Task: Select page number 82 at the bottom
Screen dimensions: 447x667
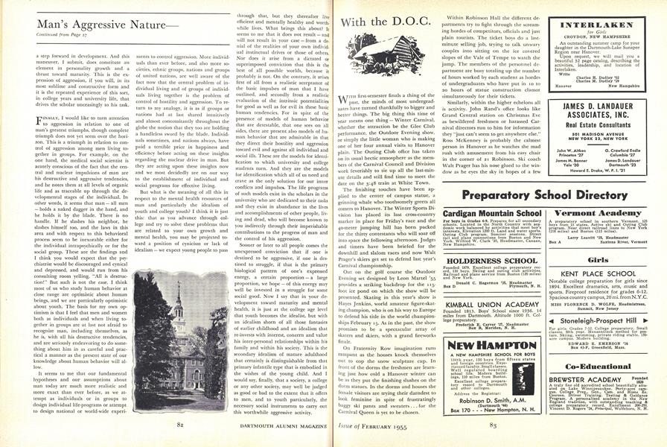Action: click(x=179, y=423)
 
